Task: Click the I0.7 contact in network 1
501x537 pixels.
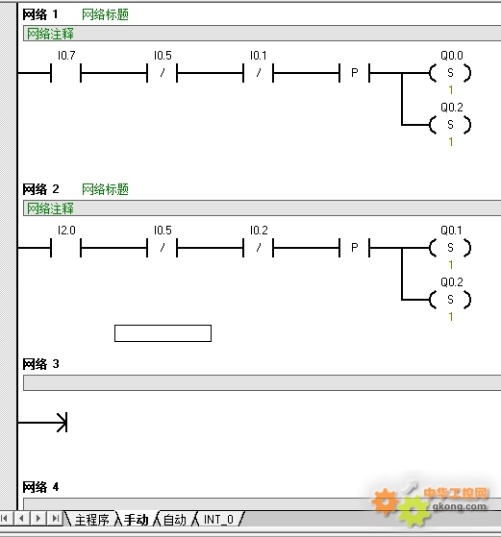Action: tap(65, 73)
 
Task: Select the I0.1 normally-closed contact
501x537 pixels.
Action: tap(259, 73)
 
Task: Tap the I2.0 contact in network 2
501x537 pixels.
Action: tap(65, 248)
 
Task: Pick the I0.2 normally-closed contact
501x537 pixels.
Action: tap(259, 248)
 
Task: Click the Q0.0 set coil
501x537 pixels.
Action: tap(450, 73)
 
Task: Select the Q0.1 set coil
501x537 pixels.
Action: tap(450, 248)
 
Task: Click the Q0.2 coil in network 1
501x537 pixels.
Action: tap(450, 125)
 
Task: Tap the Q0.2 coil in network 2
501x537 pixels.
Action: tap(450, 300)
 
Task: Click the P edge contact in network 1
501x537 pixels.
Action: tap(355, 73)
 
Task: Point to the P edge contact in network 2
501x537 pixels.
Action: tap(355, 248)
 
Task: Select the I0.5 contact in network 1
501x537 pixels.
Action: tap(163, 73)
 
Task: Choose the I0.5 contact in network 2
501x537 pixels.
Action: tap(163, 248)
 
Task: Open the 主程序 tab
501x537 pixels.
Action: tap(91, 520)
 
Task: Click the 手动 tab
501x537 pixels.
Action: tap(137, 520)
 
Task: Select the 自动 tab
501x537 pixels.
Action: tap(175, 520)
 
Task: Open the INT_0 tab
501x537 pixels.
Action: tap(218, 520)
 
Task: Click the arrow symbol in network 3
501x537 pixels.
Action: tap(42, 423)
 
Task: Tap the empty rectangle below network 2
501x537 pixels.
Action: tap(163, 333)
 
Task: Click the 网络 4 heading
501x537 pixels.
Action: tap(40, 487)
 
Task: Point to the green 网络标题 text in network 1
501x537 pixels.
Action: tap(105, 14)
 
